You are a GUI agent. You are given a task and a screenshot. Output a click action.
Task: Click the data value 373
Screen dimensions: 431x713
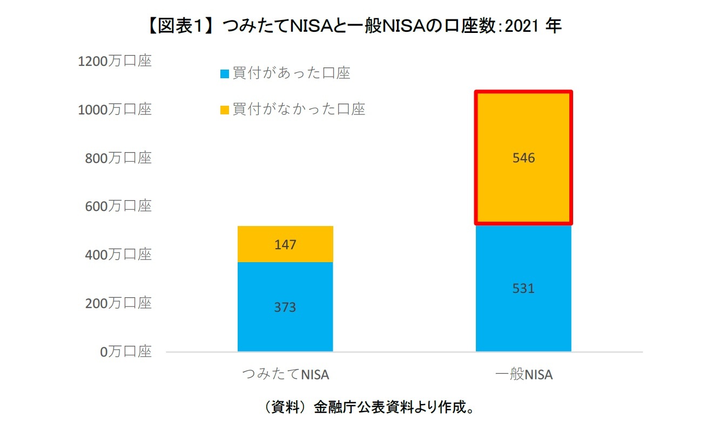click(285, 307)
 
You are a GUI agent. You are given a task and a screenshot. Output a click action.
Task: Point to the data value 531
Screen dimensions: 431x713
click(523, 289)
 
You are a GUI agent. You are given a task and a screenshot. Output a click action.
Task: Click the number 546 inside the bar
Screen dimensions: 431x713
click(523, 158)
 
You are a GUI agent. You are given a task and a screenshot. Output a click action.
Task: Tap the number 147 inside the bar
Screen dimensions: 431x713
click(285, 245)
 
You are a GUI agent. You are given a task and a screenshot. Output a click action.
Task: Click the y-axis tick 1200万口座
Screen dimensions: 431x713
click(115, 61)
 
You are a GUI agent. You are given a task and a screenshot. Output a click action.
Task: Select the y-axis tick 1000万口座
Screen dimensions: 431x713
click(115, 110)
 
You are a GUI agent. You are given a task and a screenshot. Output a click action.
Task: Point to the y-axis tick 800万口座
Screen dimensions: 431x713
click(118, 158)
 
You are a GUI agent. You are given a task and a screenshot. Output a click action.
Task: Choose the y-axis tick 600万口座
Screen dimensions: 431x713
click(118, 206)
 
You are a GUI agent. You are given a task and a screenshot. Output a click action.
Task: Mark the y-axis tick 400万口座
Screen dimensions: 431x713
click(118, 255)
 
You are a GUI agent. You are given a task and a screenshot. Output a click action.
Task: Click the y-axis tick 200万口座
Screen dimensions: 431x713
click(118, 303)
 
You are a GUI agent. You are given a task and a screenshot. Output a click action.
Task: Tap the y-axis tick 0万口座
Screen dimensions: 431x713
click(126, 352)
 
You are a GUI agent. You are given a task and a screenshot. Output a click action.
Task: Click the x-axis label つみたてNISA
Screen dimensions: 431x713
click(285, 374)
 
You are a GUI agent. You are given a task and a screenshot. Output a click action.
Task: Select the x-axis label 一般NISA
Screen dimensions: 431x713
click(523, 374)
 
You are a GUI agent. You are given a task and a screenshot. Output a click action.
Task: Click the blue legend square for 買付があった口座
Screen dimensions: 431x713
click(225, 74)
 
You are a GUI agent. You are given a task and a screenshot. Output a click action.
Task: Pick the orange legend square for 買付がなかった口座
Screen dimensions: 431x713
click(225, 111)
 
